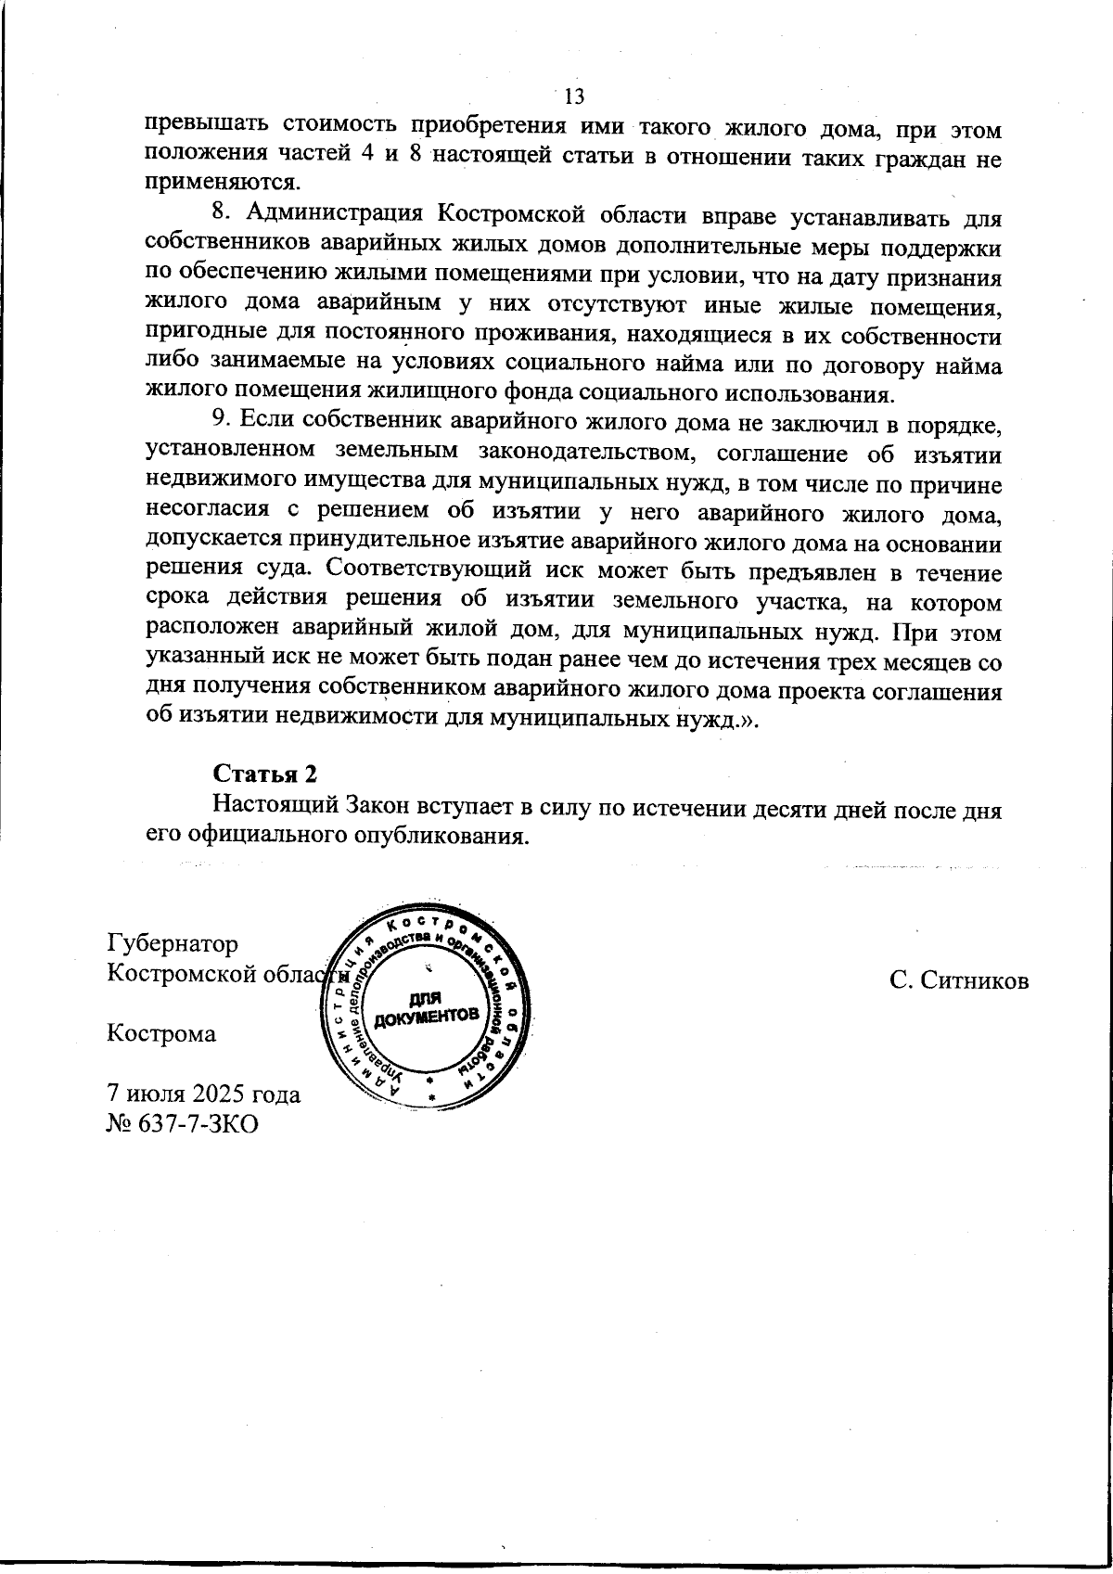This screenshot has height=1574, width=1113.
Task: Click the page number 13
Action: coord(574,96)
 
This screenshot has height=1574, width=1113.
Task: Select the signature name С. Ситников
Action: coord(958,981)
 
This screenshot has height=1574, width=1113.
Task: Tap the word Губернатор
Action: coord(173,943)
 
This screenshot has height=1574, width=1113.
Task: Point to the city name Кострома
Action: coord(161,1033)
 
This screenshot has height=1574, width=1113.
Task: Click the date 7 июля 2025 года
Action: coord(204,1094)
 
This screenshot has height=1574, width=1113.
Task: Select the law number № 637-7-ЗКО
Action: coord(182,1123)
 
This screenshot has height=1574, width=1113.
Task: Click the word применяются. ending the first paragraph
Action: coord(218,181)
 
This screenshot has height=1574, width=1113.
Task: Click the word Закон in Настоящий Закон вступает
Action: coord(359,804)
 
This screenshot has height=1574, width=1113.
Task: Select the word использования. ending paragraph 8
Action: coord(817,393)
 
